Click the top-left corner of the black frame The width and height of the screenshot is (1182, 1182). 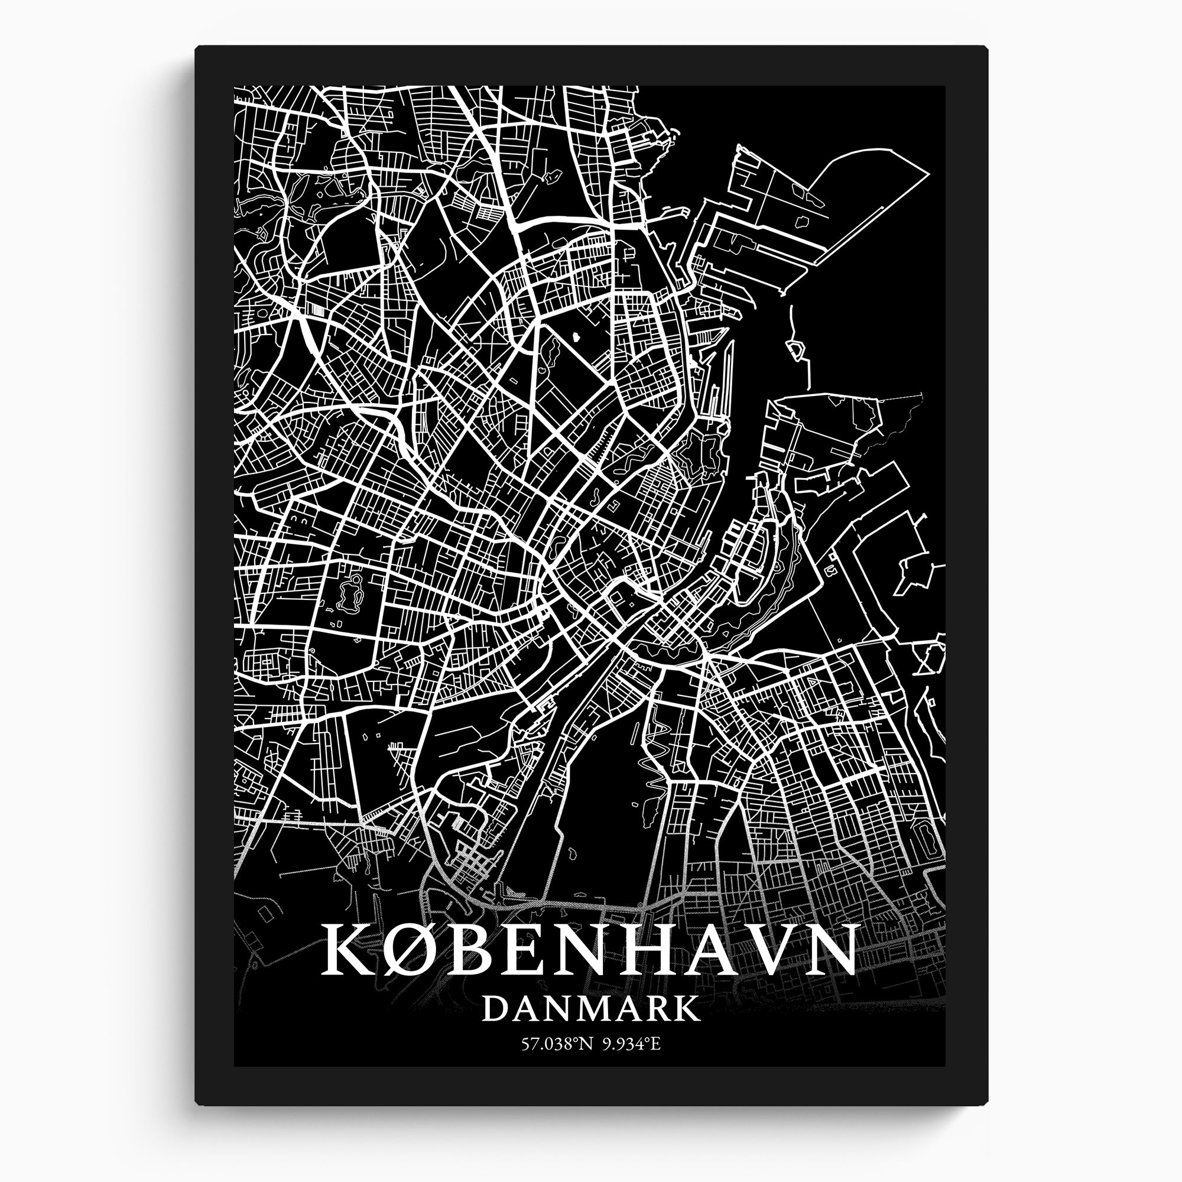(x=197, y=48)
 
